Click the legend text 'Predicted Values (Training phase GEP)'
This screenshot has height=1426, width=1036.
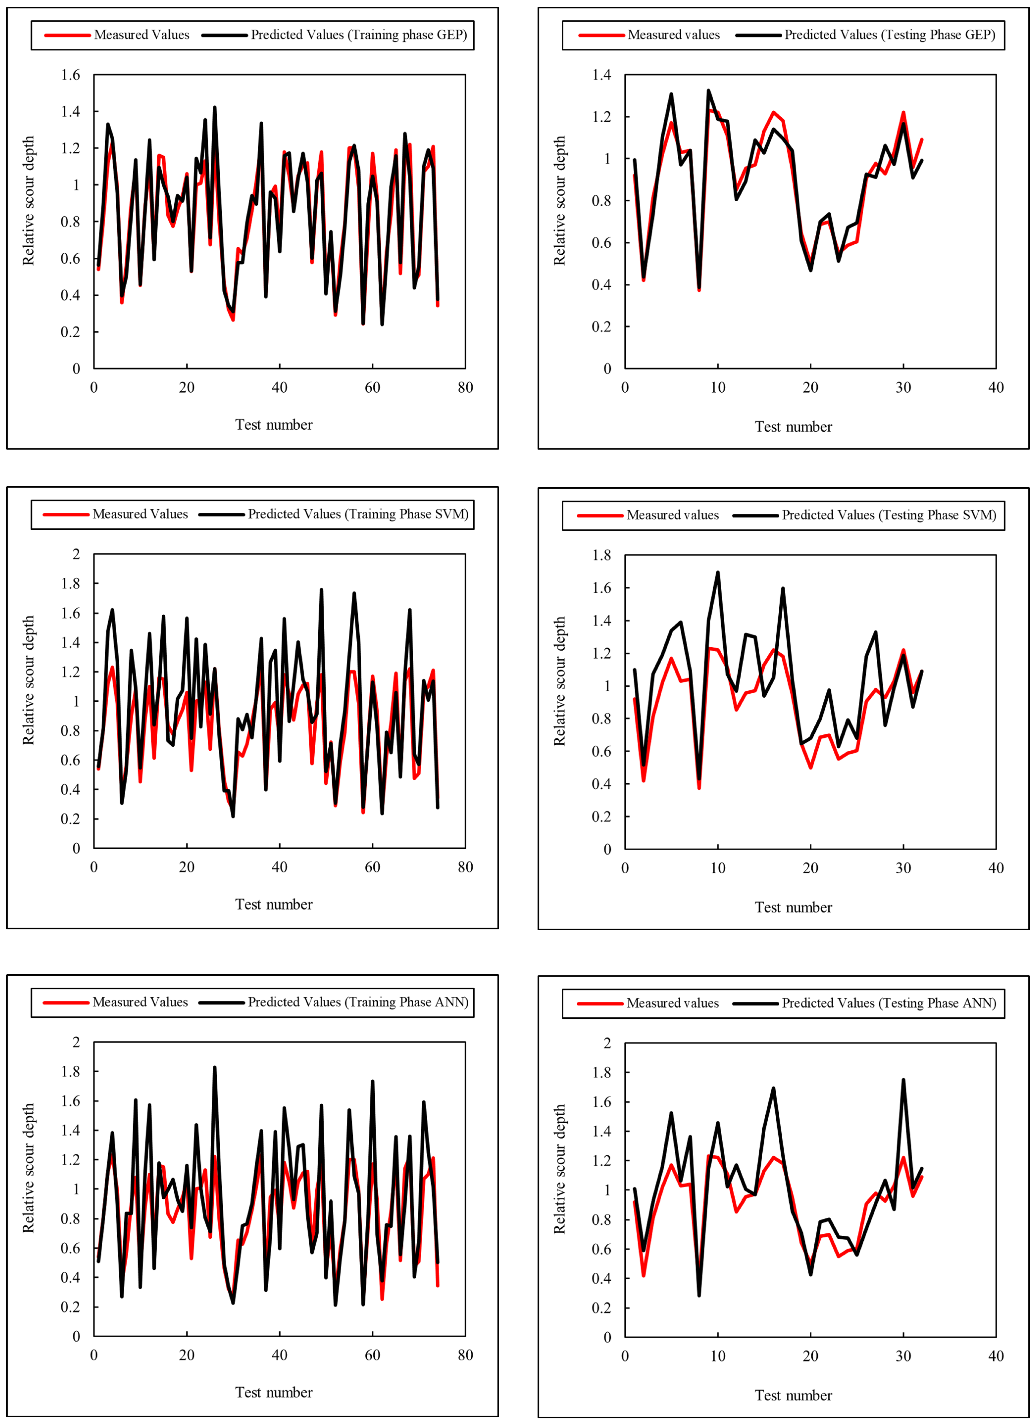click(x=359, y=35)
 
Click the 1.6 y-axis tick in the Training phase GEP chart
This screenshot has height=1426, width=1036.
click(x=71, y=75)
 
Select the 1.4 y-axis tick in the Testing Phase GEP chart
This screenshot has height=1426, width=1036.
click(x=601, y=75)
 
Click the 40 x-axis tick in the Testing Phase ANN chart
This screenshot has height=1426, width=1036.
click(x=996, y=1356)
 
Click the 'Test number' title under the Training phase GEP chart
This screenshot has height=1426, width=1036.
click(x=274, y=425)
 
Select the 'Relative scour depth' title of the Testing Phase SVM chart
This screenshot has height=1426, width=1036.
click(x=559, y=681)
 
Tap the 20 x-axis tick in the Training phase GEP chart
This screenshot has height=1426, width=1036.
click(x=187, y=387)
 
